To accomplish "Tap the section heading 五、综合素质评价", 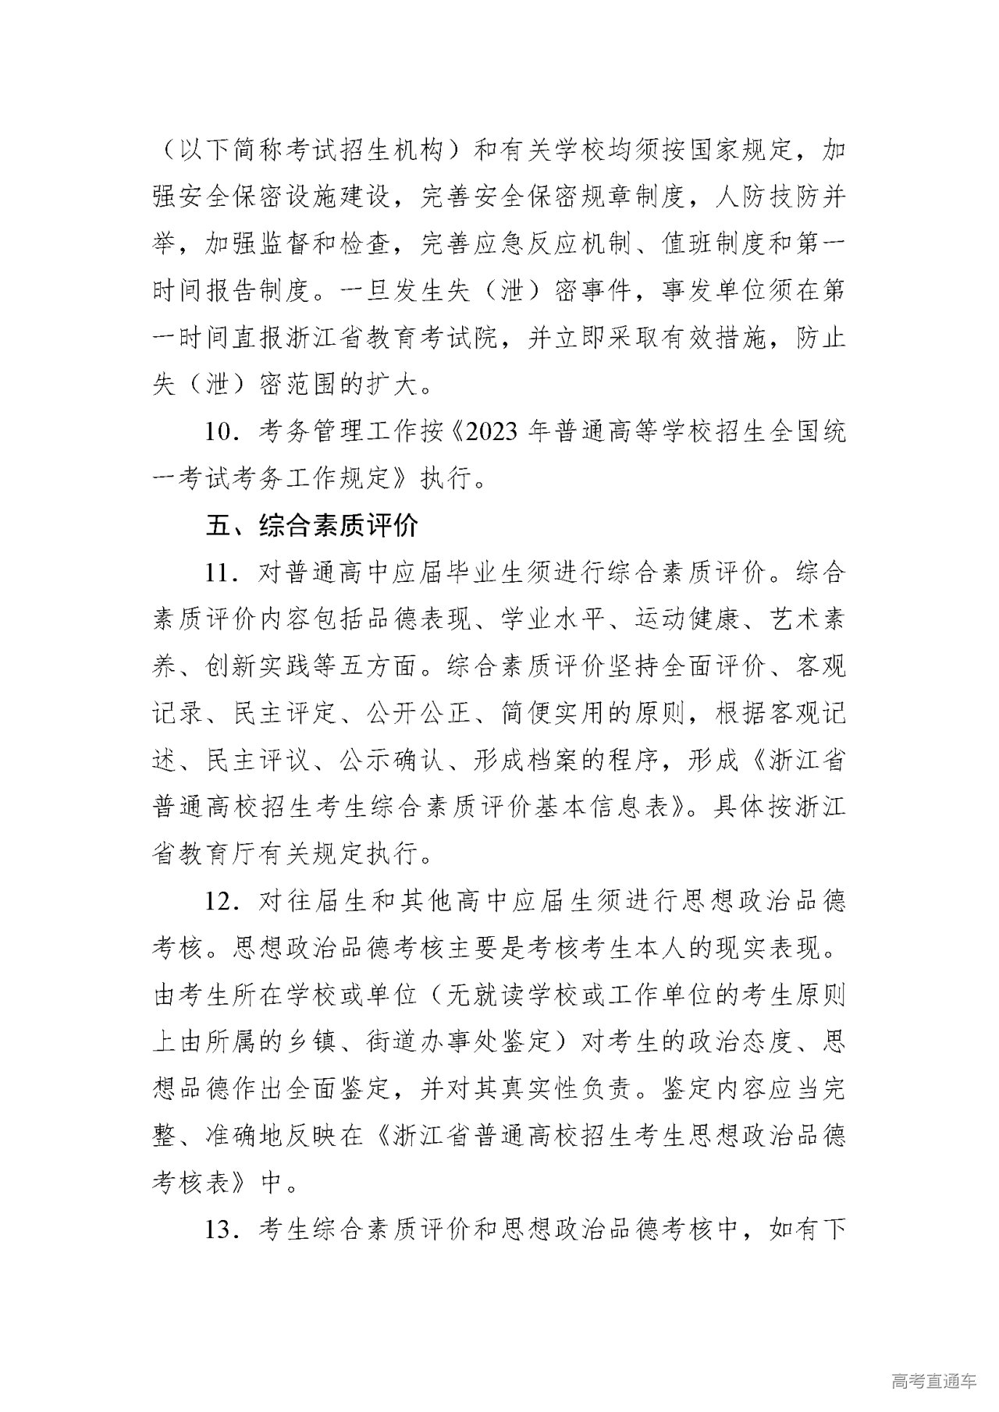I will (x=312, y=525).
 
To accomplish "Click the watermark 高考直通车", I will (x=933, y=1382).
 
